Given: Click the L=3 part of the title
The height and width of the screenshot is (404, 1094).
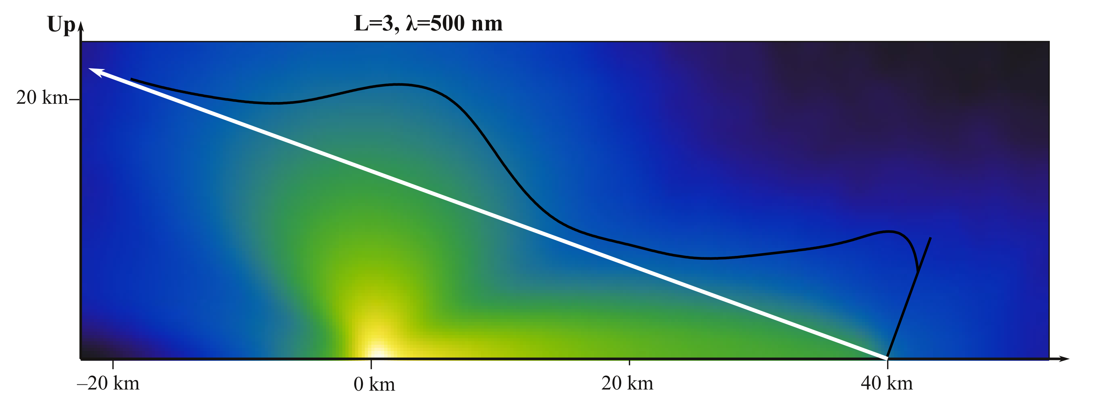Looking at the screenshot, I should pos(375,23).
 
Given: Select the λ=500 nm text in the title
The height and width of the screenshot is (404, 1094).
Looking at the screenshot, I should pos(454,23).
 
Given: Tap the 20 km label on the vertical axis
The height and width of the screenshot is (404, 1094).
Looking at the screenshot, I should pos(42,98).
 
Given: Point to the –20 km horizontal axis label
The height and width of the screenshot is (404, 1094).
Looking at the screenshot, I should pos(108,384).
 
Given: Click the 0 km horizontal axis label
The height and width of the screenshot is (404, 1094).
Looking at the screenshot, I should pos(374,384).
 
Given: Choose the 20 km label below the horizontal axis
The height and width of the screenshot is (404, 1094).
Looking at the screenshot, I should pos(627,384).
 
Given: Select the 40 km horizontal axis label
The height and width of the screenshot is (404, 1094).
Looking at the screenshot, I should pos(887,384).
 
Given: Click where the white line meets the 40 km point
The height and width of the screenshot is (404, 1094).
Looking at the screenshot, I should pos(887,357).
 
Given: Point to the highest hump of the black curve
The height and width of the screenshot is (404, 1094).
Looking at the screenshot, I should pos(397,84).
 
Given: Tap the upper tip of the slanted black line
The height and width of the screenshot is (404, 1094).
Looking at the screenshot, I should pos(931,238).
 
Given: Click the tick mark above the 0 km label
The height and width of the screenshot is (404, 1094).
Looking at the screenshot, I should pos(371,364).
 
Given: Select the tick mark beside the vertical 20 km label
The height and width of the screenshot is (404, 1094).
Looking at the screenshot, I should pos(74,100).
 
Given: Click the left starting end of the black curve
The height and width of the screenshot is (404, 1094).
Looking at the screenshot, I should pos(131,79).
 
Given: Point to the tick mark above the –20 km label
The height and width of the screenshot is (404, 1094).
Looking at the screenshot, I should pos(113,364).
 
